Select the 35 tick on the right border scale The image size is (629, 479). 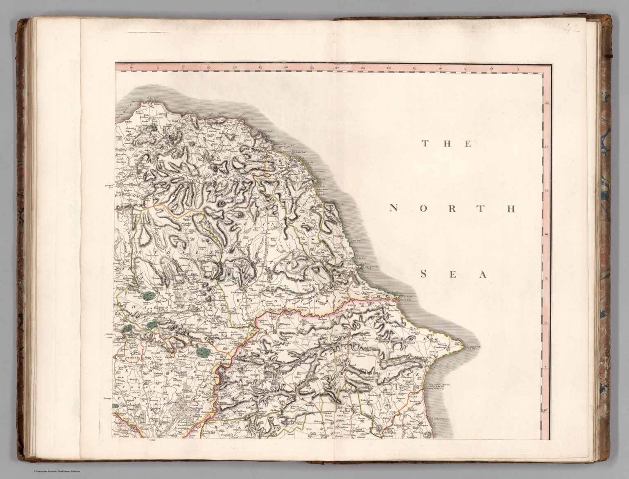pyautogui.click(x=546, y=103)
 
